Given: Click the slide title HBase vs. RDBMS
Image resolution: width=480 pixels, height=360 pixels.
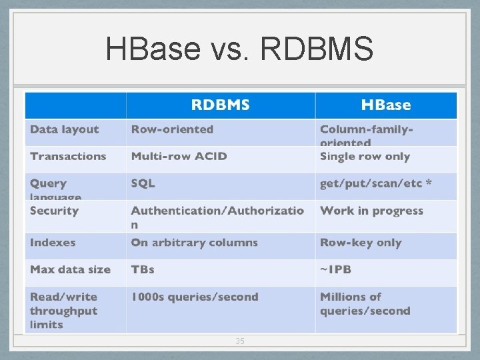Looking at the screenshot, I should tap(239, 49).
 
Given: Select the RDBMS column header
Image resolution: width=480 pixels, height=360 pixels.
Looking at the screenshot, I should tap(220, 105).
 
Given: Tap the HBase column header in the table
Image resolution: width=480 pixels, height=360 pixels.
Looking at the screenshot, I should tap(385, 105).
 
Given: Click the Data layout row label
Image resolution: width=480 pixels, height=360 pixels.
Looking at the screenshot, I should tap(64, 129).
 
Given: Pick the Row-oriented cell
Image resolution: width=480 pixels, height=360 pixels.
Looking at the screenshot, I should tap(172, 129).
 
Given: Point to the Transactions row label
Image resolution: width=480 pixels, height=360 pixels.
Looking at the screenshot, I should tap(68, 156).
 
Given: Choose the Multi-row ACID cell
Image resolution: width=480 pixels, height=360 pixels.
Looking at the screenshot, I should tap(179, 156).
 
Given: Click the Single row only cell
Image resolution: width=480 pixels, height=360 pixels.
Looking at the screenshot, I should tap(365, 156).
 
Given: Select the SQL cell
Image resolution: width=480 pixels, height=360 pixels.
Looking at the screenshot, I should tap(143, 183).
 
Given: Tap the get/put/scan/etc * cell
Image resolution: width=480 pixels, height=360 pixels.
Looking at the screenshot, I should tap(376, 183).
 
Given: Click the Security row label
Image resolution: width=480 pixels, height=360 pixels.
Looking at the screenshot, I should tap(54, 211).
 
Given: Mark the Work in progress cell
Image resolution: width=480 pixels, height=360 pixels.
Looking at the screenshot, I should tap(371, 211).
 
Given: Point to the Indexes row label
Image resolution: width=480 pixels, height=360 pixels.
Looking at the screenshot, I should tap(53, 243).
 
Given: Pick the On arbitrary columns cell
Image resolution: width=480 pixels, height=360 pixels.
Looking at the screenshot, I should tap(194, 243).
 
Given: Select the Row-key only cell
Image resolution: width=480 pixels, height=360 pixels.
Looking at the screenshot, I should tap(361, 243).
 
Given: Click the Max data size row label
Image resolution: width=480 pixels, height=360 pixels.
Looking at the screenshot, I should tap(70, 269).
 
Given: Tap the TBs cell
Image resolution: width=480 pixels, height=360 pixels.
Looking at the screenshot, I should tap(143, 269).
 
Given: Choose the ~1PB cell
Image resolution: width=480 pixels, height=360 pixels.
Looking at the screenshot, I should tap(335, 269).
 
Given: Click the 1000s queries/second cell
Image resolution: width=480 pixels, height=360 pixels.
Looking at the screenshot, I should tap(194, 297).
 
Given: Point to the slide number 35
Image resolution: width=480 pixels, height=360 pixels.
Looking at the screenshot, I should tap(240, 341).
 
